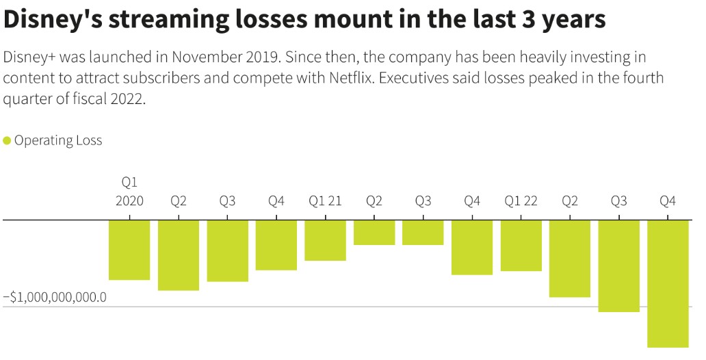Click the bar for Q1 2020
(x=129, y=250)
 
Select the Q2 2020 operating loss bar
(x=179, y=255)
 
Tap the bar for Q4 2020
(x=276, y=245)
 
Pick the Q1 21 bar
(x=326, y=240)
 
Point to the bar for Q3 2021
(x=423, y=233)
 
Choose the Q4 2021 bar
(x=472, y=247)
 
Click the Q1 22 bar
(x=521, y=246)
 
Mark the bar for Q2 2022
(x=570, y=259)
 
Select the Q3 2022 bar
(x=619, y=266)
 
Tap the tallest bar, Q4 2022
(x=668, y=283)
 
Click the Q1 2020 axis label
(x=129, y=192)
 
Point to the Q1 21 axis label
(x=326, y=201)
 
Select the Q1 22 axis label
(x=521, y=201)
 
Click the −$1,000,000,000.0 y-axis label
(x=55, y=298)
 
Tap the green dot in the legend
(x=7, y=141)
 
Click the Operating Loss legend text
(x=58, y=141)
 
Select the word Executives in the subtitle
(x=413, y=77)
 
